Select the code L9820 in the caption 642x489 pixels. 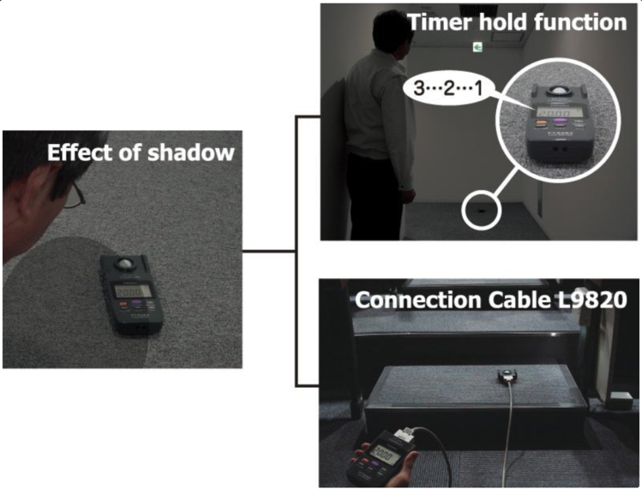pyautogui.click(x=593, y=301)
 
